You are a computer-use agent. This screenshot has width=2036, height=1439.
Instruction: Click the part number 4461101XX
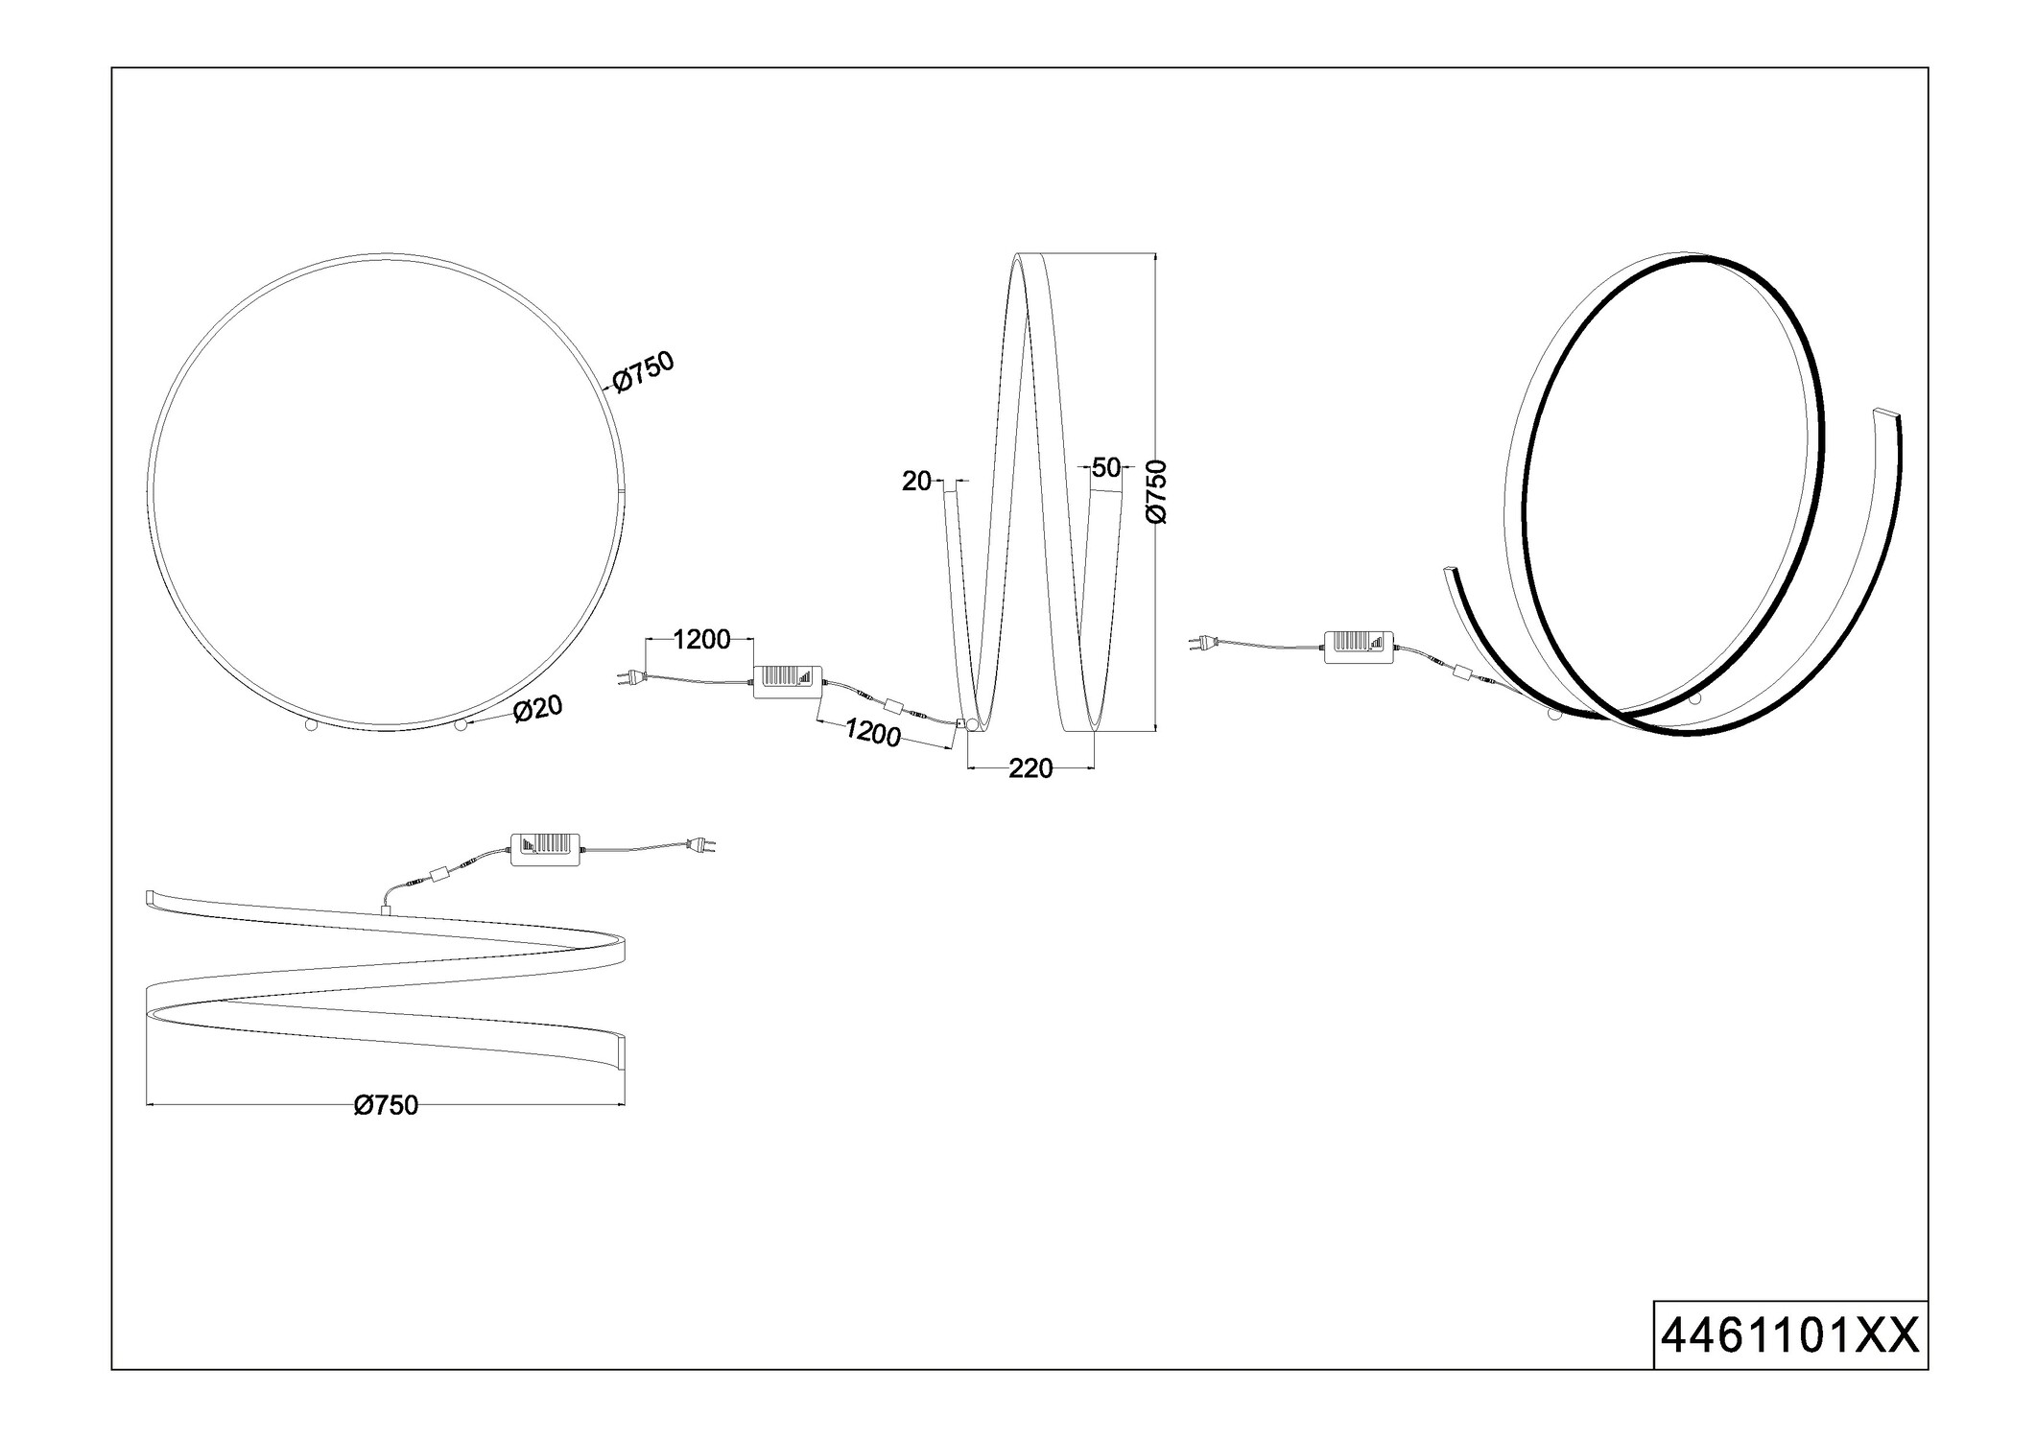(x=1789, y=1362)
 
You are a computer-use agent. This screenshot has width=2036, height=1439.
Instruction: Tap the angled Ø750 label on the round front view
(x=644, y=371)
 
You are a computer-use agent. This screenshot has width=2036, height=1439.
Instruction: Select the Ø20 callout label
(x=538, y=709)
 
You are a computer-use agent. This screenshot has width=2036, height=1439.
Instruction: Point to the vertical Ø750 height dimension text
(x=1158, y=491)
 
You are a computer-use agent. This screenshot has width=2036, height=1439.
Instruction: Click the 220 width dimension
(x=1030, y=768)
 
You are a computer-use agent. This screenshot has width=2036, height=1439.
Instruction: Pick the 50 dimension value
(x=1105, y=468)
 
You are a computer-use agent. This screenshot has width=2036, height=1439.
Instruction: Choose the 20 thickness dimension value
(x=916, y=482)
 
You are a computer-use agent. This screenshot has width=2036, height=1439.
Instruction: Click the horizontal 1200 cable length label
(x=701, y=640)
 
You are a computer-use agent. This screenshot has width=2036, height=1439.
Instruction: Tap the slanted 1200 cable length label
(x=872, y=733)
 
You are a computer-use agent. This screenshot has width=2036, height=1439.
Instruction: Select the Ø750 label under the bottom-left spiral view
(x=386, y=1106)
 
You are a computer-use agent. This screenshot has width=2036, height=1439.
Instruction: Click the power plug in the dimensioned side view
(x=628, y=678)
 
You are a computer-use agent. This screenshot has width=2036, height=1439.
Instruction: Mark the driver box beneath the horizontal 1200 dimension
(x=789, y=681)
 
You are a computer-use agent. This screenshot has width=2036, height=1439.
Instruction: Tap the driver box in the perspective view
(x=1359, y=648)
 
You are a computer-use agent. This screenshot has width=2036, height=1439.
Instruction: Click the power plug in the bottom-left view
(x=703, y=845)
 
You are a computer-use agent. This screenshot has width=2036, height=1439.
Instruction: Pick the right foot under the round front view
(x=461, y=725)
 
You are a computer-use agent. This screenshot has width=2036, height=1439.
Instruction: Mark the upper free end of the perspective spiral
(x=1886, y=414)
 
